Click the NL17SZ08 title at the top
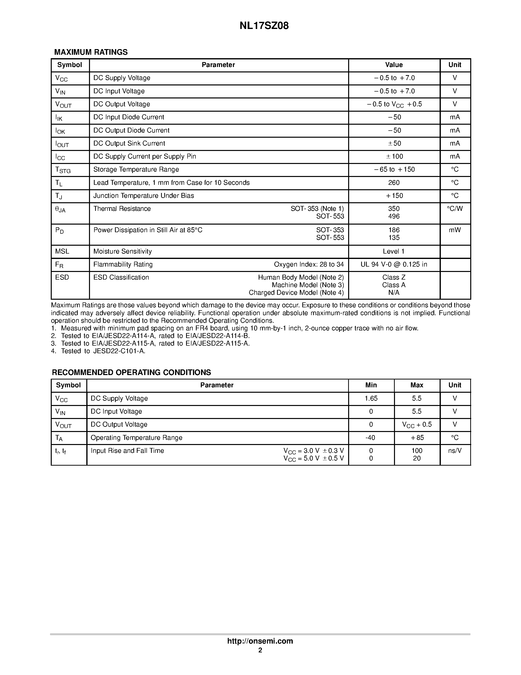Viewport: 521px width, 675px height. (x=264, y=26)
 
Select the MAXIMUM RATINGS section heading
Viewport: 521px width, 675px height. (x=91, y=52)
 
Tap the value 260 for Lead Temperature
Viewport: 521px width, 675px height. (x=394, y=183)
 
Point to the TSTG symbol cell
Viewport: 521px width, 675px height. (x=63, y=170)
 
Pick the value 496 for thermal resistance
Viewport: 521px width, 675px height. (x=394, y=216)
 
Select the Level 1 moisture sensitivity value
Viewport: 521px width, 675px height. (x=394, y=251)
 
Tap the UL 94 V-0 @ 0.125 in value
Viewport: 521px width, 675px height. (x=394, y=264)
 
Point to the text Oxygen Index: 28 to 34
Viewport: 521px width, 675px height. (x=309, y=264)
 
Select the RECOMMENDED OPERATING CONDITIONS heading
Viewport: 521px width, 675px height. (x=131, y=372)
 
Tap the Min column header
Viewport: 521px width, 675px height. (x=371, y=385)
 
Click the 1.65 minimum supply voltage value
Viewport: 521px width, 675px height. (x=371, y=398)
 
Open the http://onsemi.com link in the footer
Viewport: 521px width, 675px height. (x=260, y=641)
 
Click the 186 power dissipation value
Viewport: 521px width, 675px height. (x=394, y=230)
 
